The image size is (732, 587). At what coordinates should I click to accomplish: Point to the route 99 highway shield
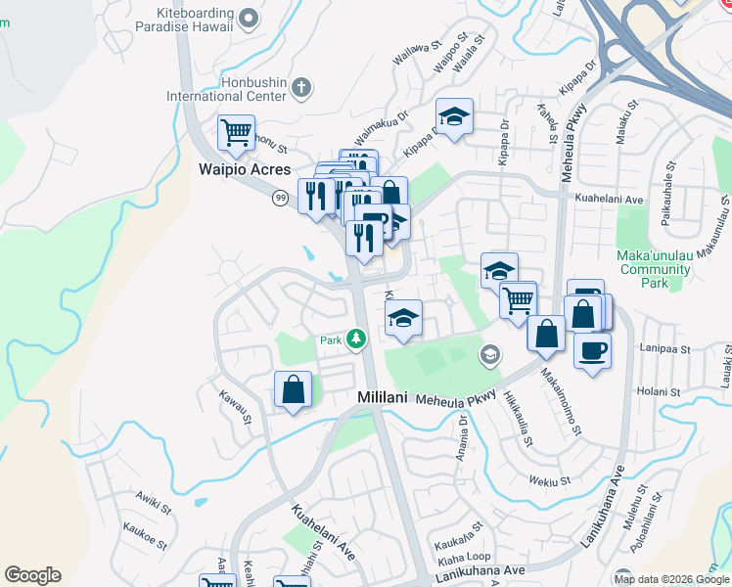pos(280,199)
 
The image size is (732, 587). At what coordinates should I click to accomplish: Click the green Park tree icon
pos(357,339)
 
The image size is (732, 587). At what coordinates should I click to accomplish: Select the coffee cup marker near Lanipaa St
pos(592,350)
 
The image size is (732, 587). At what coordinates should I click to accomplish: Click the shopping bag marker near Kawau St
pos(293,390)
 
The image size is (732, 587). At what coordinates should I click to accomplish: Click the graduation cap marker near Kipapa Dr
pos(454,117)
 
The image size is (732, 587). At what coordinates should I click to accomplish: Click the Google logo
pos(32,575)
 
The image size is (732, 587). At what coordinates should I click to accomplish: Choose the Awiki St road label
pos(154,509)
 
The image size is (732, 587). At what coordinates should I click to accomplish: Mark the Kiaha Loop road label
pos(464,559)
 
